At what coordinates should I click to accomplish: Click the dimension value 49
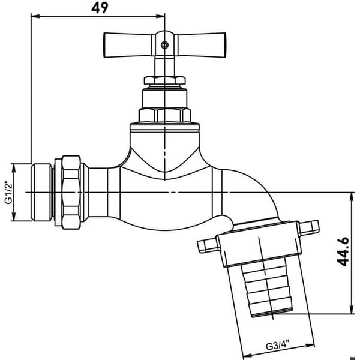[100, 8]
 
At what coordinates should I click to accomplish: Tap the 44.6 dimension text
[343, 252]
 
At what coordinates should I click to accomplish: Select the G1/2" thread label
[8, 193]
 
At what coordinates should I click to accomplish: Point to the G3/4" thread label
[277, 345]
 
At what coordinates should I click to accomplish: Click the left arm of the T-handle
[127, 45]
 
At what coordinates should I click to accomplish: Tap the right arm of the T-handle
[202, 45]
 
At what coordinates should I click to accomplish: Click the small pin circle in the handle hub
[164, 45]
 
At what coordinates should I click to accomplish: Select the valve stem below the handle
[164, 66]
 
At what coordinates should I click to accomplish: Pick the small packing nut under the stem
[164, 80]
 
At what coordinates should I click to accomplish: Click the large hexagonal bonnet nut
[164, 115]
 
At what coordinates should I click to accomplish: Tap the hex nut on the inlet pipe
[71, 192]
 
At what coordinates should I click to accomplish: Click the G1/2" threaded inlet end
[41, 192]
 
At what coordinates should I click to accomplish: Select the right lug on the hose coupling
[308, 228]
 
